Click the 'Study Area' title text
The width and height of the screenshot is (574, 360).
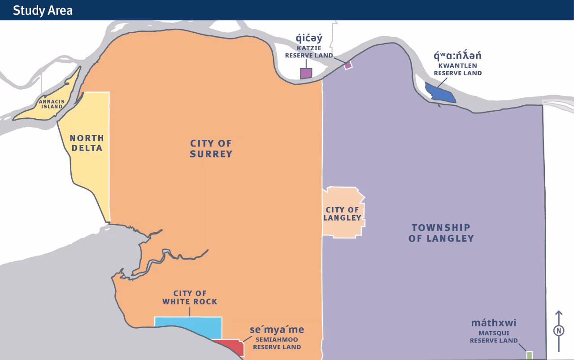click(x=43, y=10)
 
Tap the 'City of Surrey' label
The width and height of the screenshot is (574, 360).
click(x=211, y=149)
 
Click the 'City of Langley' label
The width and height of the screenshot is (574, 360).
click(x=343, y=214)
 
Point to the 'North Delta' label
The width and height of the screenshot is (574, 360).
click(x=87, y=143)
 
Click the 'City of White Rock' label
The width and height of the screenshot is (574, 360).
click(x=190, y=298)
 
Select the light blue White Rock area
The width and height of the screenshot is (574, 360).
click(x=188, y=326)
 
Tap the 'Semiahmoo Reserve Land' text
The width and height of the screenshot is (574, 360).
click(x=277, y=343)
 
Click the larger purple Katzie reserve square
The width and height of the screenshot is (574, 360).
click(x=306, y=74)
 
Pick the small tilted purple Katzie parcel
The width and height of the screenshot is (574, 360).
click(x=348, y=65)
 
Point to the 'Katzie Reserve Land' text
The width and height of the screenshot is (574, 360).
click(x=309, y=52)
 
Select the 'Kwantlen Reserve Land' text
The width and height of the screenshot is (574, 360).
click(x=457, y=69)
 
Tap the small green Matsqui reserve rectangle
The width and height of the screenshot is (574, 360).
click(x=529, y=355)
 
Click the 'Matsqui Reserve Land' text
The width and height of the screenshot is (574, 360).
click(x=494, y=337)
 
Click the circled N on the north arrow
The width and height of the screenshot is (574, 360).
click(x=559, y=331)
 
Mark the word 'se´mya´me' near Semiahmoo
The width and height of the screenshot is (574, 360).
click(x=277, y=330)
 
